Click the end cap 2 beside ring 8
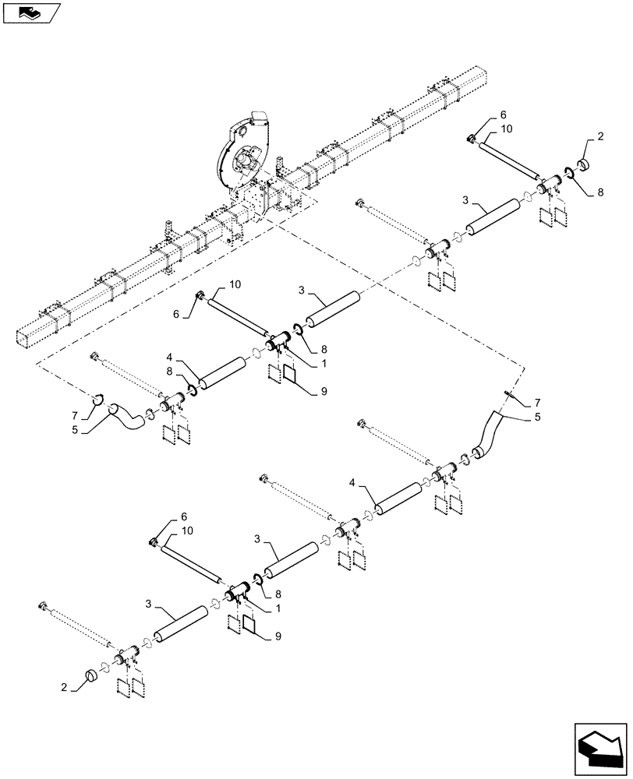[x=584, y=166]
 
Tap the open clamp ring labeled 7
[x=98, y=400]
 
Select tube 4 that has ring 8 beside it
[x=221, y=372]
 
